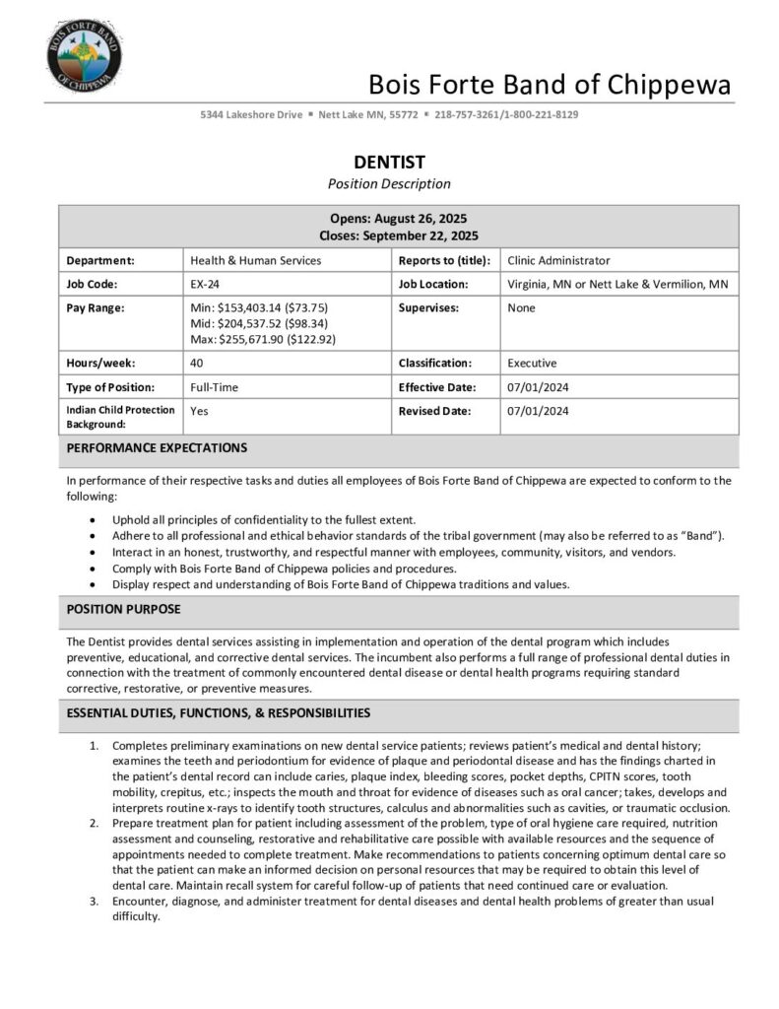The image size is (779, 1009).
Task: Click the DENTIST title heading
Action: click(x=389, y=162)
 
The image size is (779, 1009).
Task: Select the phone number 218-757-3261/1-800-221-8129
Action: click(x=506, y=114)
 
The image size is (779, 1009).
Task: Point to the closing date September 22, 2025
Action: click(x=420, y=235)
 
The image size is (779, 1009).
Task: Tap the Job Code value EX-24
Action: click(x=205, y=284)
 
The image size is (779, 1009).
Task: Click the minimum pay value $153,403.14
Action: click(x=242, y=307)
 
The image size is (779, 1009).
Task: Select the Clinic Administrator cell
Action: click(x=558, y=260)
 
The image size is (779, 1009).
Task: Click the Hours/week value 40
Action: click(x=197, y=363)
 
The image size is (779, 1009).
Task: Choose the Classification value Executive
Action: click(x=532, y=363)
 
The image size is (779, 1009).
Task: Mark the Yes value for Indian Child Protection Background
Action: click(x=199, y=411)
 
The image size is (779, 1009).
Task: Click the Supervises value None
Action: click(x=522, y=307)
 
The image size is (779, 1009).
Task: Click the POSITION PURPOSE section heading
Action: click(x=123, y=609)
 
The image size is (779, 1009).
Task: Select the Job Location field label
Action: click(x=433, y=284)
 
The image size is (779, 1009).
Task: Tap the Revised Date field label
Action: click(x=434, y=411)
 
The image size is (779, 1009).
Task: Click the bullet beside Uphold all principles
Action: click(x=93, y=519)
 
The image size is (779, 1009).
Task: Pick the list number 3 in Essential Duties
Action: click(x=94, y=901)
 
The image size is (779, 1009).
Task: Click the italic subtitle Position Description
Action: click(x=389, y=183)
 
